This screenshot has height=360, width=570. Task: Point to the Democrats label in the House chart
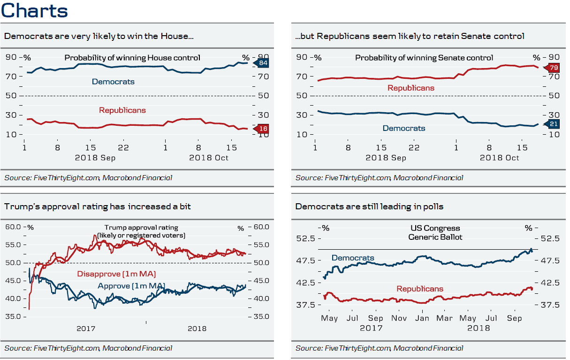113,82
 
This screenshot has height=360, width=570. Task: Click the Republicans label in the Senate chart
410,88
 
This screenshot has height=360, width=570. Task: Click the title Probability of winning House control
132,58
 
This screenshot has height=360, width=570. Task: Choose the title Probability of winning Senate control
424,58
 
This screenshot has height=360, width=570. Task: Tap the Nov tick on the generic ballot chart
399,318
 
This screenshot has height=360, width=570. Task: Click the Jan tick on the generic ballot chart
422,318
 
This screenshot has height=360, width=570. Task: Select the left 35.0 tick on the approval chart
13,316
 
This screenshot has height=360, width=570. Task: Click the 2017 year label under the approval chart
86,329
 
